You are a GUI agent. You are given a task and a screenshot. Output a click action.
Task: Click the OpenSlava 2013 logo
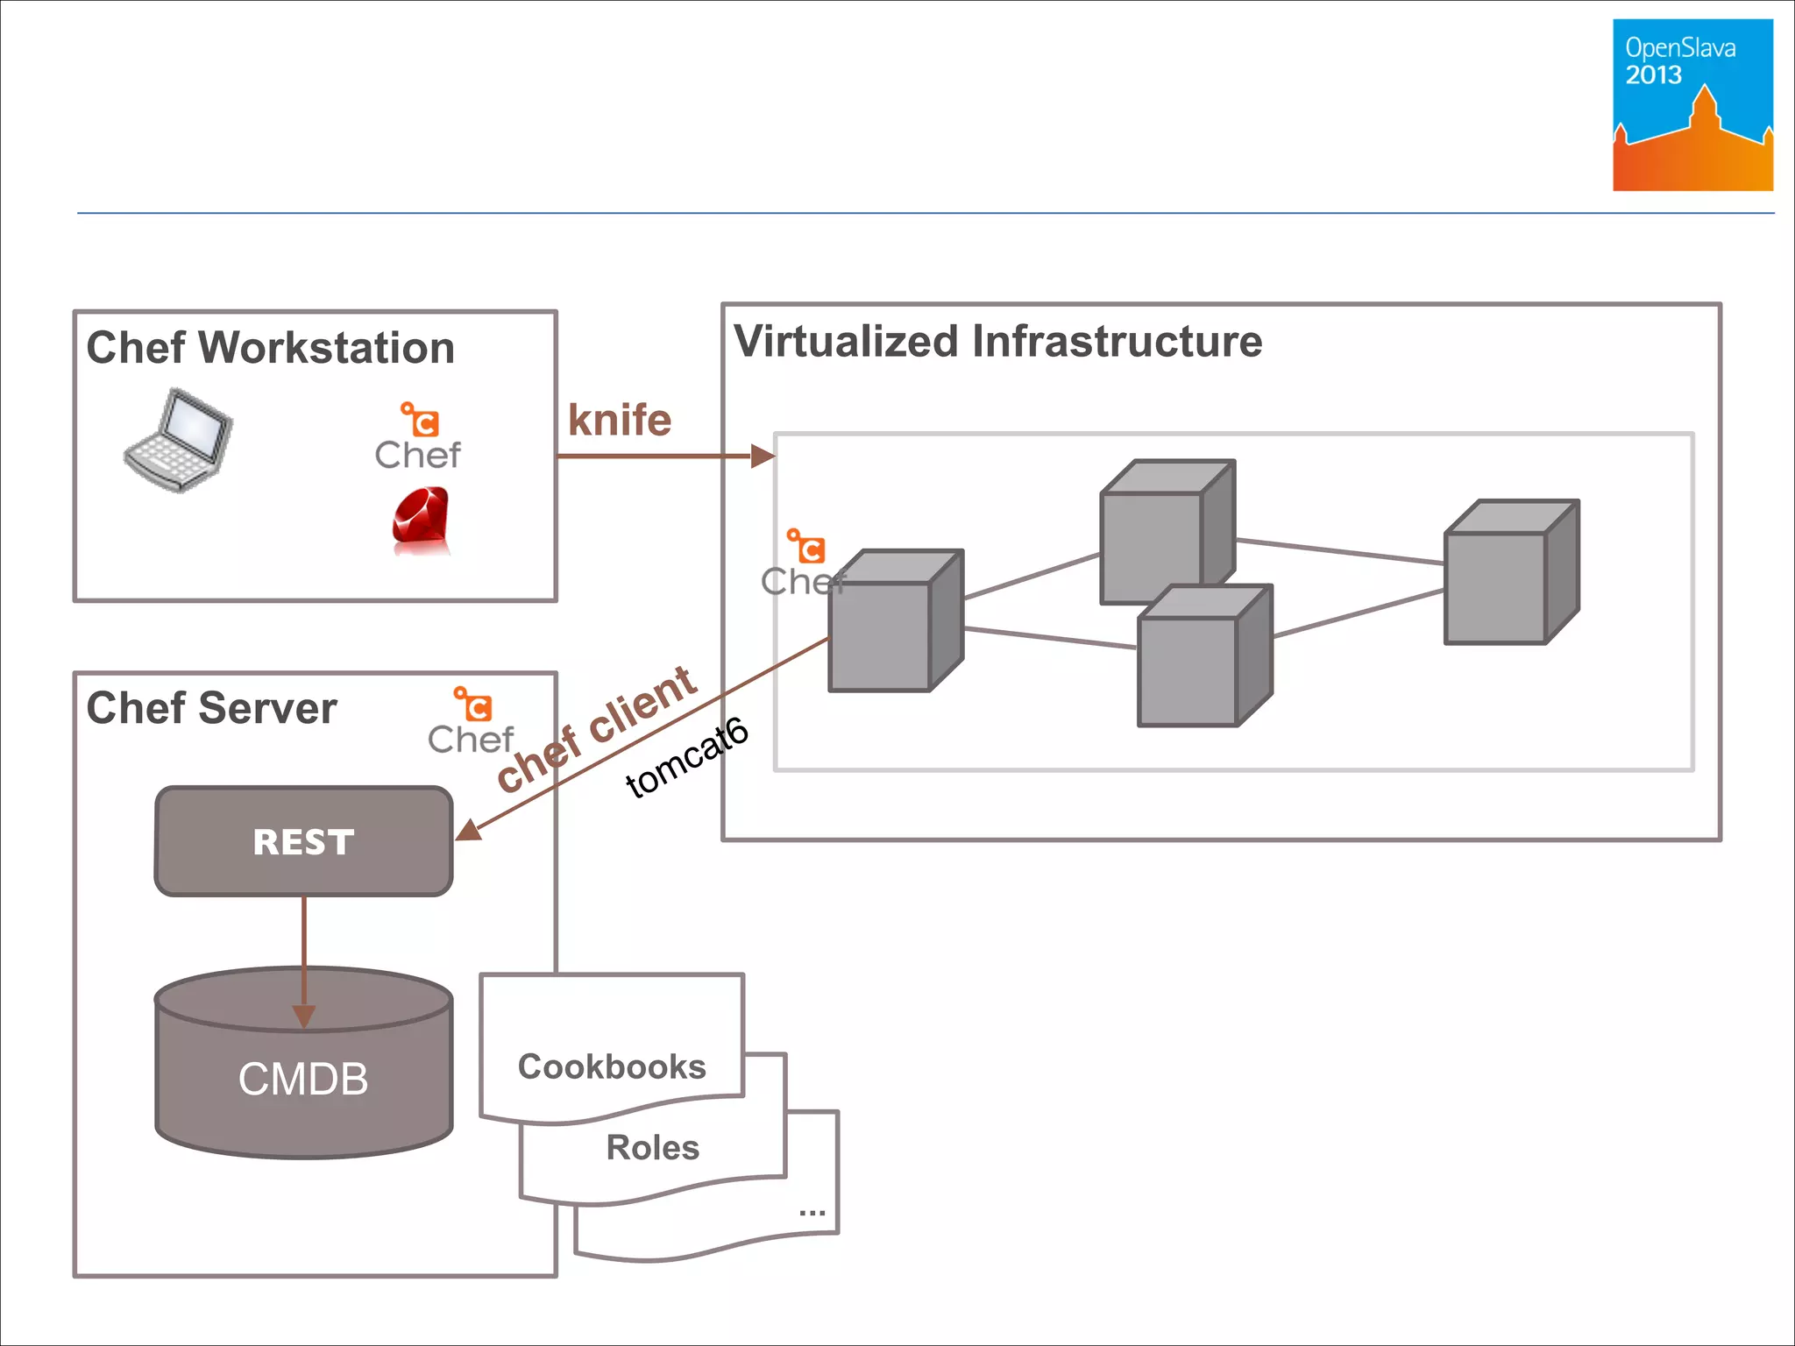[1692, 104]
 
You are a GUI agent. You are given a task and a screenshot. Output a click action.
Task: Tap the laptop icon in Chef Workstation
[179, 440]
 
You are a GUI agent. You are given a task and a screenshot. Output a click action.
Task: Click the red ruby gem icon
[421, 521]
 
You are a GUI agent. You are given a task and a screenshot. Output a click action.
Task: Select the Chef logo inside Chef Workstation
[418, 437]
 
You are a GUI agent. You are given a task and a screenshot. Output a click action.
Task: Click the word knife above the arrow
[620, 420]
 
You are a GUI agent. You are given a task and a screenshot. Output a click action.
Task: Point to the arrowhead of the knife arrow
[763, 456]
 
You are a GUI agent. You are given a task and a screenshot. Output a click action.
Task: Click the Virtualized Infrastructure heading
[997, 341]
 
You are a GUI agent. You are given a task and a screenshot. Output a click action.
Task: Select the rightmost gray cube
[1510, 573]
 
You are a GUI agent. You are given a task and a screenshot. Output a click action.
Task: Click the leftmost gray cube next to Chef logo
[894, 622]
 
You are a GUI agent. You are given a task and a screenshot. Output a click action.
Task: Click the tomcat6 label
[686, 757]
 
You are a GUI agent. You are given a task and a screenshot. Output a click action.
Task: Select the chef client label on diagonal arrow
[596, 727]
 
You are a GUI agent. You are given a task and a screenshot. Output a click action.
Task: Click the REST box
[303, 841]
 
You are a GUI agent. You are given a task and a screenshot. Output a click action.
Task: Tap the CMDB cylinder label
[303, 1079]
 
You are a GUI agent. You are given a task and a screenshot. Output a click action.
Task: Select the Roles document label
[653, 1147]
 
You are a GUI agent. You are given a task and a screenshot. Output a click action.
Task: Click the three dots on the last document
[812, 1213]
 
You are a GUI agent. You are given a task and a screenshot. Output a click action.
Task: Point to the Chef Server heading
[211, 708]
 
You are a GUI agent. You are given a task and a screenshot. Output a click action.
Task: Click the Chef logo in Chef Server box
[472, 722]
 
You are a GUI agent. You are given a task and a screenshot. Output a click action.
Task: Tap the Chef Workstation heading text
[271, 348]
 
